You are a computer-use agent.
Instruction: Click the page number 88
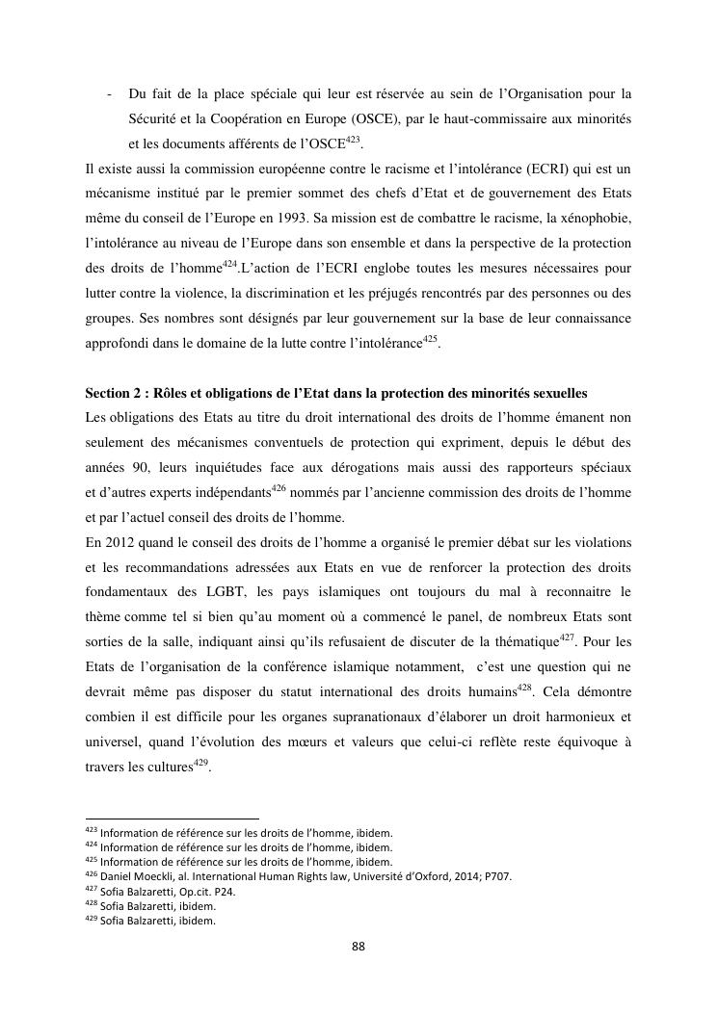click(x=358, y=947)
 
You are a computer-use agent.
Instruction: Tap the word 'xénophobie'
click(x=598, y=219)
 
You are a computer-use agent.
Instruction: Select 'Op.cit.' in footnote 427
click(x=185, y=891)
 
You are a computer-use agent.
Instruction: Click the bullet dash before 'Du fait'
click(x=111, y=93)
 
